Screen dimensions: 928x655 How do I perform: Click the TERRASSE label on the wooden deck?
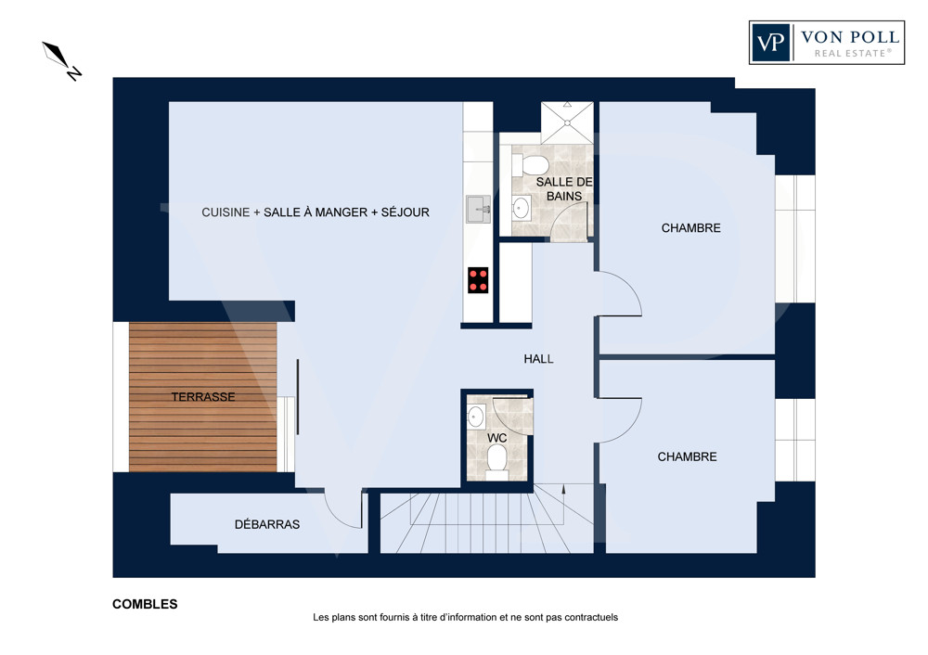pos(203,397)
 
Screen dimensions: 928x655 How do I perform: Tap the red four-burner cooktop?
pos(478,280)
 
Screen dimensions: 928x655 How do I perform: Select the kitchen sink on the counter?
pos(478,210)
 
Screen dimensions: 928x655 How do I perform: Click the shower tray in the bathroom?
pos(567,123)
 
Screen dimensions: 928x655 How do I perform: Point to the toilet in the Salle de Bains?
pos(530,164)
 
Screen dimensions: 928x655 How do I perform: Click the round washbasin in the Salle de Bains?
pos(521,208)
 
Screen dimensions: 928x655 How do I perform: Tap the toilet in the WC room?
pos(496,461)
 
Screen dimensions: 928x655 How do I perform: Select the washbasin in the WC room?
pos(476,417)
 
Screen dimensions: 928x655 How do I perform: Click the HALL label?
pos(538,358)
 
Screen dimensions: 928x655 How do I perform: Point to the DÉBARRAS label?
pos(267,524)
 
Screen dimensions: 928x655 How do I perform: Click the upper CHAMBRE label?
pos(690,228)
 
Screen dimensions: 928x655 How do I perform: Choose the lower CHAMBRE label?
pos(687,456)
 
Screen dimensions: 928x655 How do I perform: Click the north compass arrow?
pos(57,55)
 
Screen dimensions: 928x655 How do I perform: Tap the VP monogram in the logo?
pos(771,42)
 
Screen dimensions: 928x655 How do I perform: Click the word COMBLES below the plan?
pos(145,604)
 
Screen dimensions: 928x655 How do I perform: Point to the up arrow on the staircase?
pos(563,490)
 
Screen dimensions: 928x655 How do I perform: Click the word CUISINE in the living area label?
pos(226,212)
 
